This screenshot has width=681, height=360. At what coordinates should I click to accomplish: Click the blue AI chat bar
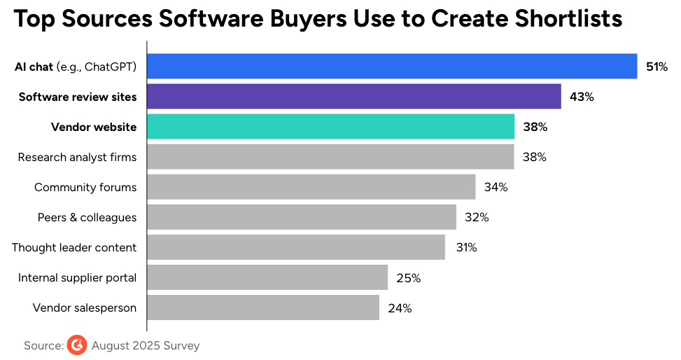pyautogui.click(x=392, y=67)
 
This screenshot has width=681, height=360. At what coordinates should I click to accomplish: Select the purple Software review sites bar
pyautogui.click(x=354, y=97)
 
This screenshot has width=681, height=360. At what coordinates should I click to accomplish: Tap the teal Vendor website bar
pyautogui.click(x=331, y=127)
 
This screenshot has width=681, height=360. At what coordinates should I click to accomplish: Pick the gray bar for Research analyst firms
pyautogui.click(x=330, y=157)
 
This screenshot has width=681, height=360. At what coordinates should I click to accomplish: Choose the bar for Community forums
pyautogui.click(x=311, y=187)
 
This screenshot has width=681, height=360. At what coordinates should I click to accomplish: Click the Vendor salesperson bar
pyautogui.click(x=263, y=307)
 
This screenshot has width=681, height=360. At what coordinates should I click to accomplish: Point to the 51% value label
pyautogui.click(x=657, y=67)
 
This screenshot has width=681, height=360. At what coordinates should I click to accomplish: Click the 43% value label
pyautogui.click(x=582, y=97)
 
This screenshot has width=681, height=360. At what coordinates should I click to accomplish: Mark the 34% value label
pyautogui.click(x=496, y=188)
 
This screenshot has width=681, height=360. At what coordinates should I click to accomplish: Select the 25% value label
pyautogui.click(x=408, y=278)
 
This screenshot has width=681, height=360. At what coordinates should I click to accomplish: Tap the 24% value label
pyautogui.click(x=400, y=308)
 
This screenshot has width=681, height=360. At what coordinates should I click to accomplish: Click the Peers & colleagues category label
pyautogui.click(x=87, y=217)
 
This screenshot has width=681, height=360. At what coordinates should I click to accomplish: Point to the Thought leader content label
pyautogui.click(x=74, y=247)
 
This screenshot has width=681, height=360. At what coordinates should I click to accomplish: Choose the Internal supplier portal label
pyautogui.click(x=77, y=277)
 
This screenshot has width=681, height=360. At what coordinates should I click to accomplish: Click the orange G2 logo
pyautogui.click(x=77, y=345)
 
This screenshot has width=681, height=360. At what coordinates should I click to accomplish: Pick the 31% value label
pyautogui.click(x=465, y=248)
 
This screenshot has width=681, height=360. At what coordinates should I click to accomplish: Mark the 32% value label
pyautogui.click(x=477, y=218)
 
